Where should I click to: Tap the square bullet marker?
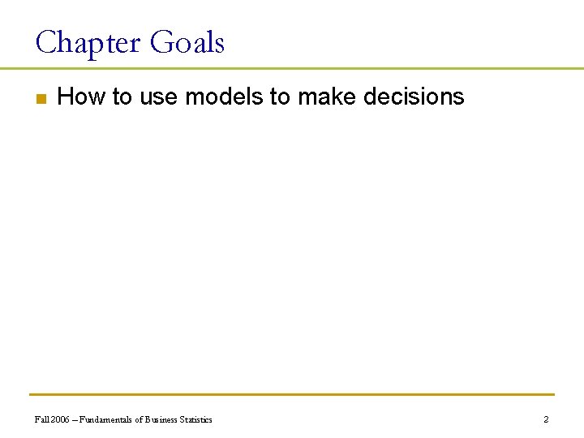pyautogui.click(x=40, y=99)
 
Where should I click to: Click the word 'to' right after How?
pyautogui.click(x=122, y=97)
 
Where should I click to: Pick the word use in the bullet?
pyautogui.click(x=158, y=97)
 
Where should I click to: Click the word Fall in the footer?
pyautogui.click(x=41, y=419)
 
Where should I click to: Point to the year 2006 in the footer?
pyautogui.click(x=59, y=419)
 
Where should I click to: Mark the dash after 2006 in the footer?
pyautogui.click(x=74, y=419)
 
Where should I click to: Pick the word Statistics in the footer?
pyautogui.click(x=195, y=419)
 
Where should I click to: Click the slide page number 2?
pyautogui.click(x=546, y=419)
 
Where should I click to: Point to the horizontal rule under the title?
pyautogui.click(x=292, y=68)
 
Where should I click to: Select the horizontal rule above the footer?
pyautogui.click(x=292, y=395)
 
